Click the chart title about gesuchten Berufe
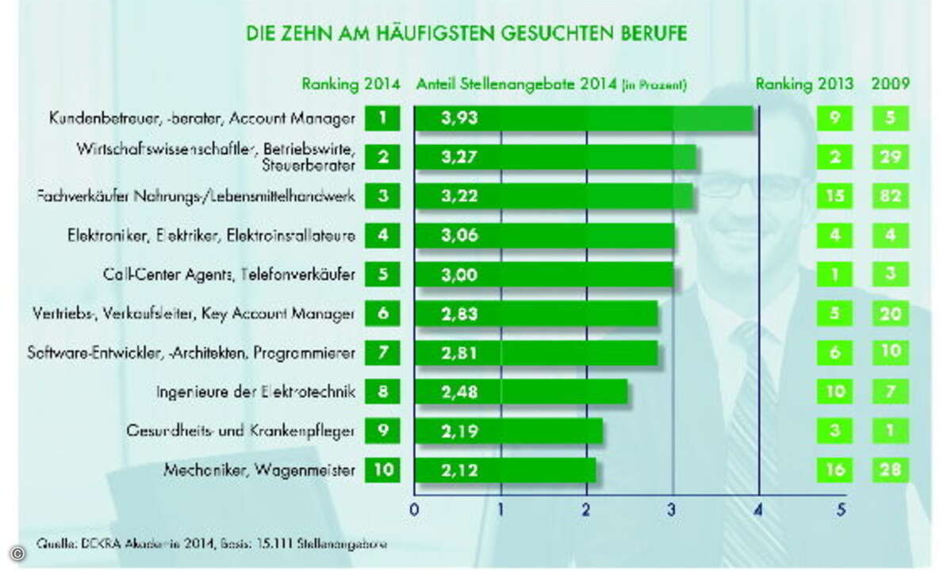(465, 34)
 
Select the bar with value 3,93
(584, 119)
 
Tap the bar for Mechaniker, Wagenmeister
(505, 470)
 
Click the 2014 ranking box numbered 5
(383, 275)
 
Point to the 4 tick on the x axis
(759, 510)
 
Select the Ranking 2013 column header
(804, 83)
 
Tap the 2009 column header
(890, 83)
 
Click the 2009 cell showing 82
(890, 197)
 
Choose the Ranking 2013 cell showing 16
(834, 470)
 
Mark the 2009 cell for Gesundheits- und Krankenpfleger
(890, 431)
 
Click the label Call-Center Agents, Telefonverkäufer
(229, 275)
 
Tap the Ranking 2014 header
(350, 83)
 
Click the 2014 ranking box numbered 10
(383, 470)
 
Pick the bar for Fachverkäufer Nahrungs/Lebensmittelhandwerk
(554, 197)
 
